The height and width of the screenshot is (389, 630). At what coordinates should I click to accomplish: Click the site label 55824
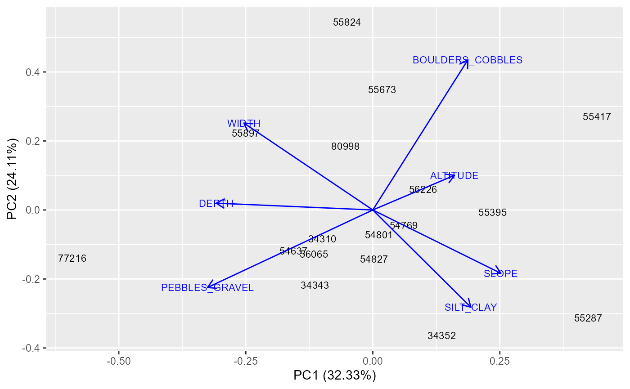coord(347,22)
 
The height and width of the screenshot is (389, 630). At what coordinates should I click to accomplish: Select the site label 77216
coord(72,259)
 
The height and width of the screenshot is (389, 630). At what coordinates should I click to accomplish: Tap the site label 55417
coord(597,117)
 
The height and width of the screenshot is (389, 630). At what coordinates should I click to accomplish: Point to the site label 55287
coord(588,318)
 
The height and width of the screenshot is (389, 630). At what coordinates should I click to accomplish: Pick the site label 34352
coord(441,336)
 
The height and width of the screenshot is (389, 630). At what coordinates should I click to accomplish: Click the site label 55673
coord(382,90)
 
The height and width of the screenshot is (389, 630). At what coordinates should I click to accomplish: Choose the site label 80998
coord(345,147)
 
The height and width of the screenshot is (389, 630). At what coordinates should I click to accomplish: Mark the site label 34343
coord(315,286)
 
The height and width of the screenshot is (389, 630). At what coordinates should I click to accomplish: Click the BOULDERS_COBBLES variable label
coord(468,60)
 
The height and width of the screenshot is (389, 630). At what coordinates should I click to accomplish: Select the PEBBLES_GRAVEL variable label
coord(207,288)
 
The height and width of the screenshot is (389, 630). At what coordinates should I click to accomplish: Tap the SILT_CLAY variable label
coord(471,308)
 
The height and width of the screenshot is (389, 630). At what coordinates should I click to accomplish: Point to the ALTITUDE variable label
coord(454,176)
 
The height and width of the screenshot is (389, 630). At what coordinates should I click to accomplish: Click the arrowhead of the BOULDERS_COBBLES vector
coord(468,60)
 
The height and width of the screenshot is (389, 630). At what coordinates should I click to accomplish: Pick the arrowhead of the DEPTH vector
coord(217,203)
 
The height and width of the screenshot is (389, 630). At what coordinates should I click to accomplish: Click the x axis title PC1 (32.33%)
coord(334,376)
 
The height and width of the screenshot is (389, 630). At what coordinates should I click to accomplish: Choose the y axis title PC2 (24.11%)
coord(12,179)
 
